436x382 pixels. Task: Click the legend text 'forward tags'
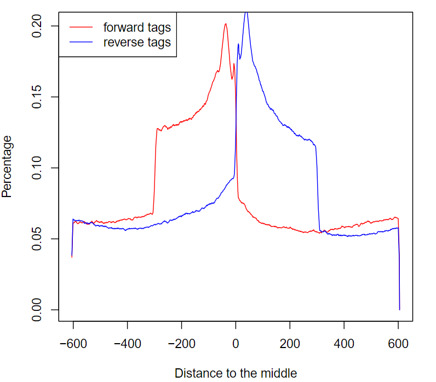(137, 27)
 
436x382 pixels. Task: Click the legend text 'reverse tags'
(137, 42)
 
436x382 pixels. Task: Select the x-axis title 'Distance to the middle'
(236, 373)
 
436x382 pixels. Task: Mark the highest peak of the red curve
(225, 24)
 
